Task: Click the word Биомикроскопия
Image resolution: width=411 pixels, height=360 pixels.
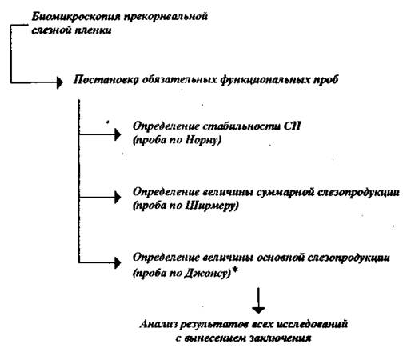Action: click(76, 17)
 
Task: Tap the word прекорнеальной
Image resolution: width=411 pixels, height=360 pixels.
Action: click(166, 17)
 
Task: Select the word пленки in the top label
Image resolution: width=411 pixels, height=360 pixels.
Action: click(93, 30)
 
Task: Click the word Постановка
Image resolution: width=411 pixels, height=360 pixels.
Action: click(106, 79)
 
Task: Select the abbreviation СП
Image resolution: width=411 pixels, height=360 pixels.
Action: click(292, 126)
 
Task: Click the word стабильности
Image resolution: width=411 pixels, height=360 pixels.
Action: click(241, 126)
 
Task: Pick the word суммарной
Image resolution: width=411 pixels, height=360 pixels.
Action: click(284, 192)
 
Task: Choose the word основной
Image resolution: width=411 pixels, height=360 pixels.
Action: click(280, 258)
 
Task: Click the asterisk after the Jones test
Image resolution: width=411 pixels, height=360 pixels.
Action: click(234, 270)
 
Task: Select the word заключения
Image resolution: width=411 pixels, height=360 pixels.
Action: click(281, 338)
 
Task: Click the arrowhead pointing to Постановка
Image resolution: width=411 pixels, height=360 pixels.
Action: click(60, 82)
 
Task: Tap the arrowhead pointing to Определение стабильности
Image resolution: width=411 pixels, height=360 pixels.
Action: click(118, 134)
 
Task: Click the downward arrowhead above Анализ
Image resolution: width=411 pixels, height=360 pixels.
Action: click(258, 310)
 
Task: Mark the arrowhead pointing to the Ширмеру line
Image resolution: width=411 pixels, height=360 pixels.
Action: click(118, 198)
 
